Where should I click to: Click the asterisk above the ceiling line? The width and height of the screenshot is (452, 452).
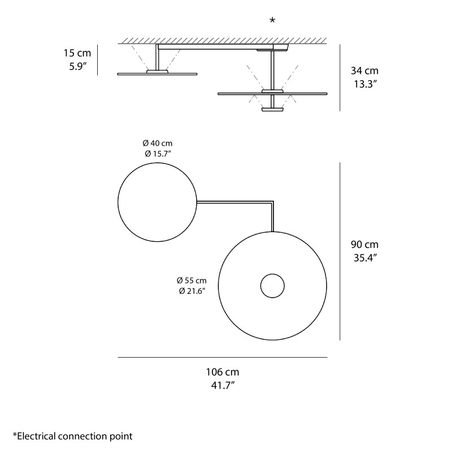(272, 20)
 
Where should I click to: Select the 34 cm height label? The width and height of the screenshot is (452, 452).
(364, 71)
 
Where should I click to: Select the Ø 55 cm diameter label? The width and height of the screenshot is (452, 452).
(192, 280)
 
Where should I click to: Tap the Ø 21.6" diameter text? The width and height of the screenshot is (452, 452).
(192, 290)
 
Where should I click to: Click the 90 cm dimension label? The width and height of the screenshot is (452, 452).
(364, 245)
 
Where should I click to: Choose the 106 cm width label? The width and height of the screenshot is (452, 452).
(222, 372)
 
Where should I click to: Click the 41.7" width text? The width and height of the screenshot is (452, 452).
(222, 385)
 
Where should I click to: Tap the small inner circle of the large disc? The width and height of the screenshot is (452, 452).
(272, 286)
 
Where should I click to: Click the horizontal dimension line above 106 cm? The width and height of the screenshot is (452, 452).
(222, 358)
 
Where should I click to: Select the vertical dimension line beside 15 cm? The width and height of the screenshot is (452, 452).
(98, 60)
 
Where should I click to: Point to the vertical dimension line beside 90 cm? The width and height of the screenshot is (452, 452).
(340, 251)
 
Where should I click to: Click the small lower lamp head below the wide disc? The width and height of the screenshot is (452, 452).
(272, 110)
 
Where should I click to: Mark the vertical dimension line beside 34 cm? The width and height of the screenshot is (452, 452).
(340, 77)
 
